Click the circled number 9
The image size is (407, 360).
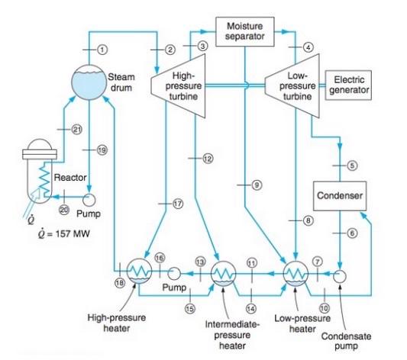[x=257, y=185]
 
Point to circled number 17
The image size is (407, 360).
[x=179, y=204]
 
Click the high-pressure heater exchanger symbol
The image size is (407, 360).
[x=140, y=271]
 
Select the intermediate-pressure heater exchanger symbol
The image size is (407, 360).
[x=223, y=272]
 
